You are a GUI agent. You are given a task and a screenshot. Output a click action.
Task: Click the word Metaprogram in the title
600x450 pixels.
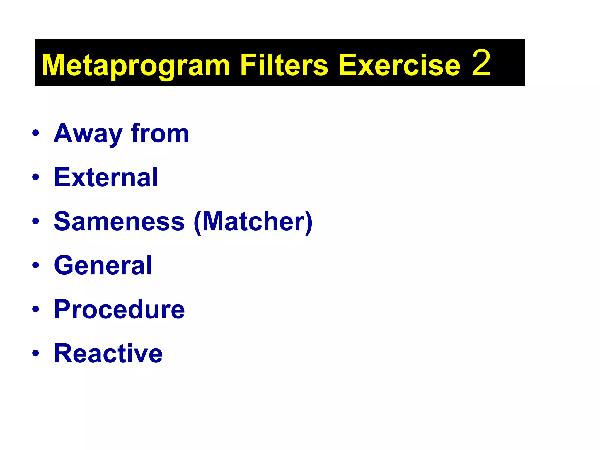pyautogui.click(x=136, y=65)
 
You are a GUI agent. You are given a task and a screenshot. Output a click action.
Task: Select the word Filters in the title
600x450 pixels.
pyautogui.click(x=284, y=65)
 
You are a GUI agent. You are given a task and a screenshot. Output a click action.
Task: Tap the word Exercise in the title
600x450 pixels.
pyautogui.click(x=399, y=65)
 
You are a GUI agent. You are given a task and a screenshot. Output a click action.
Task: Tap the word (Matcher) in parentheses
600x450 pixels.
pyautogui.click(x=253, y=222)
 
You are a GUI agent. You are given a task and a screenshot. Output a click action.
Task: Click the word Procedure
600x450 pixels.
pyautogui.click(x=119, y=309)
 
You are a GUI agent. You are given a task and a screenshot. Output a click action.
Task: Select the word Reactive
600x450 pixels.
pyautogui.click(x=108, y=353)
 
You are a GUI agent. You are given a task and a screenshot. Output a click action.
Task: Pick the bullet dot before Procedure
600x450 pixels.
pyautogui.click(x=36, y=309)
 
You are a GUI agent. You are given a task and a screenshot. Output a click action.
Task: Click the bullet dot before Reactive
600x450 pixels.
pyautogui.click(x=36, y=353)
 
